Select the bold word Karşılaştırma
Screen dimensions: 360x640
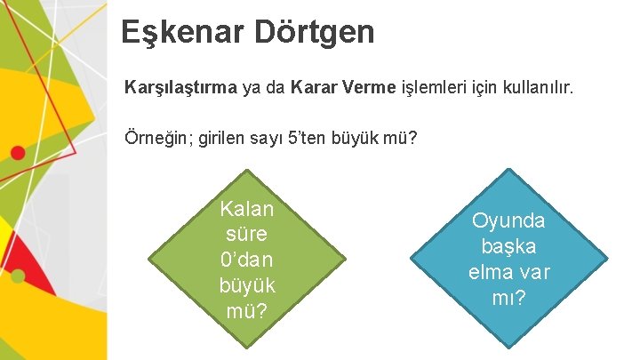(x=181, y=89)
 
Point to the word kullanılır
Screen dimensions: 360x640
(x=536, y=89)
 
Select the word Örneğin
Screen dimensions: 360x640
(x=156, y=140)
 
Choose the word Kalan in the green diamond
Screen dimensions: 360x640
(x=247, y=210)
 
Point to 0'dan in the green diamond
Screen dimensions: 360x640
(x=247, y=260)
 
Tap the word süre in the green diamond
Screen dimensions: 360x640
(x=247, y=235)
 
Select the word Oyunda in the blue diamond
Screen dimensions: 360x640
(x=508, y=220)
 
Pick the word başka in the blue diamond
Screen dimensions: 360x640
(x=508, y=246)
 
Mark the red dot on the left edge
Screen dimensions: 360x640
(x=17, y=152)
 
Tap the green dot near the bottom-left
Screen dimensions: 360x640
(x=17, y=276)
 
